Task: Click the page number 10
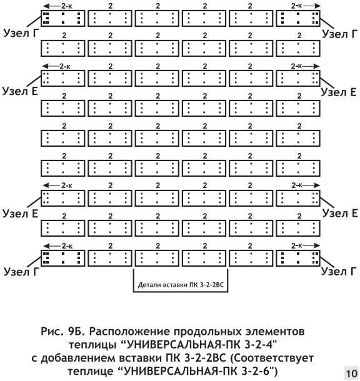(352, 374)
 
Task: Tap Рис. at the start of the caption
(51, 332)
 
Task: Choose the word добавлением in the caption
(77, 358)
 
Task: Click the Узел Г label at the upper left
(21, 33)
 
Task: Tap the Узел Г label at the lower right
(339, 272)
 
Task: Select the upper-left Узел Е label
(20, 91)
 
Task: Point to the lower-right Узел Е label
(340, 213)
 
